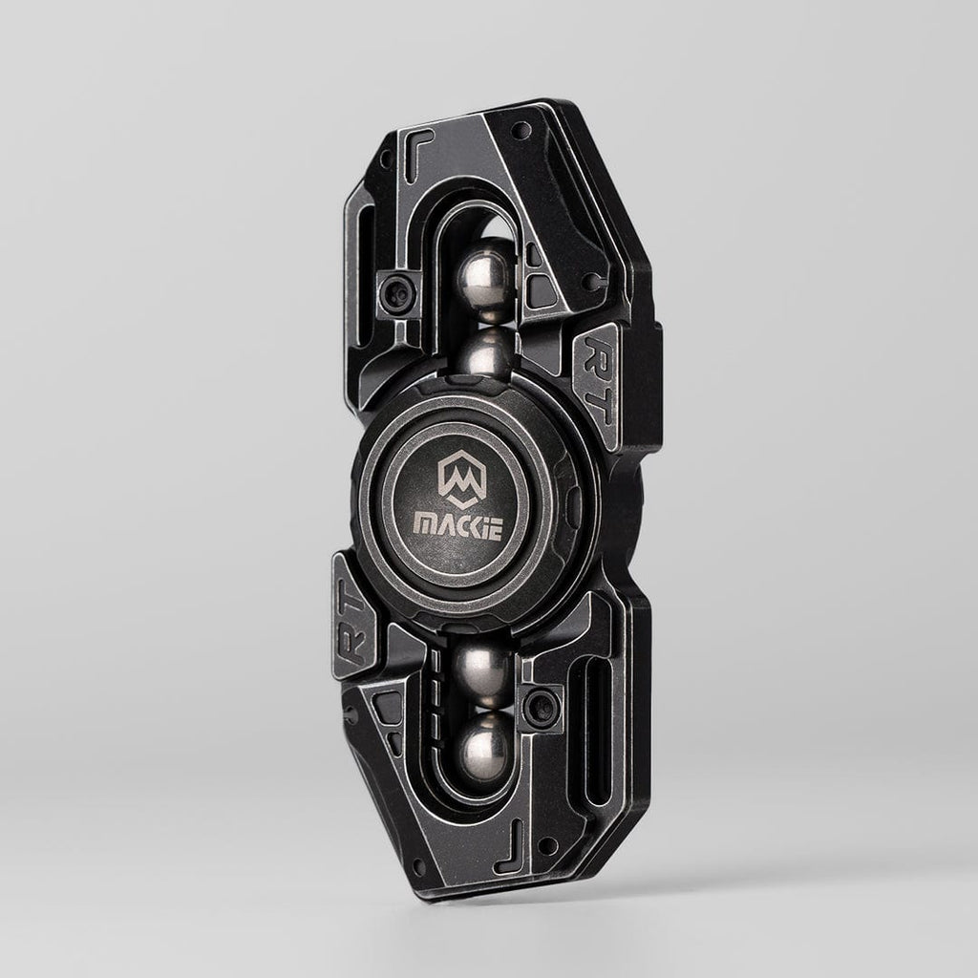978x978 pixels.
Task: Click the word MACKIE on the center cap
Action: [457, 526]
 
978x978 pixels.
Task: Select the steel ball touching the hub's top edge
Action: [486, 353]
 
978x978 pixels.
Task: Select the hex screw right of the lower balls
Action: [542, 707]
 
